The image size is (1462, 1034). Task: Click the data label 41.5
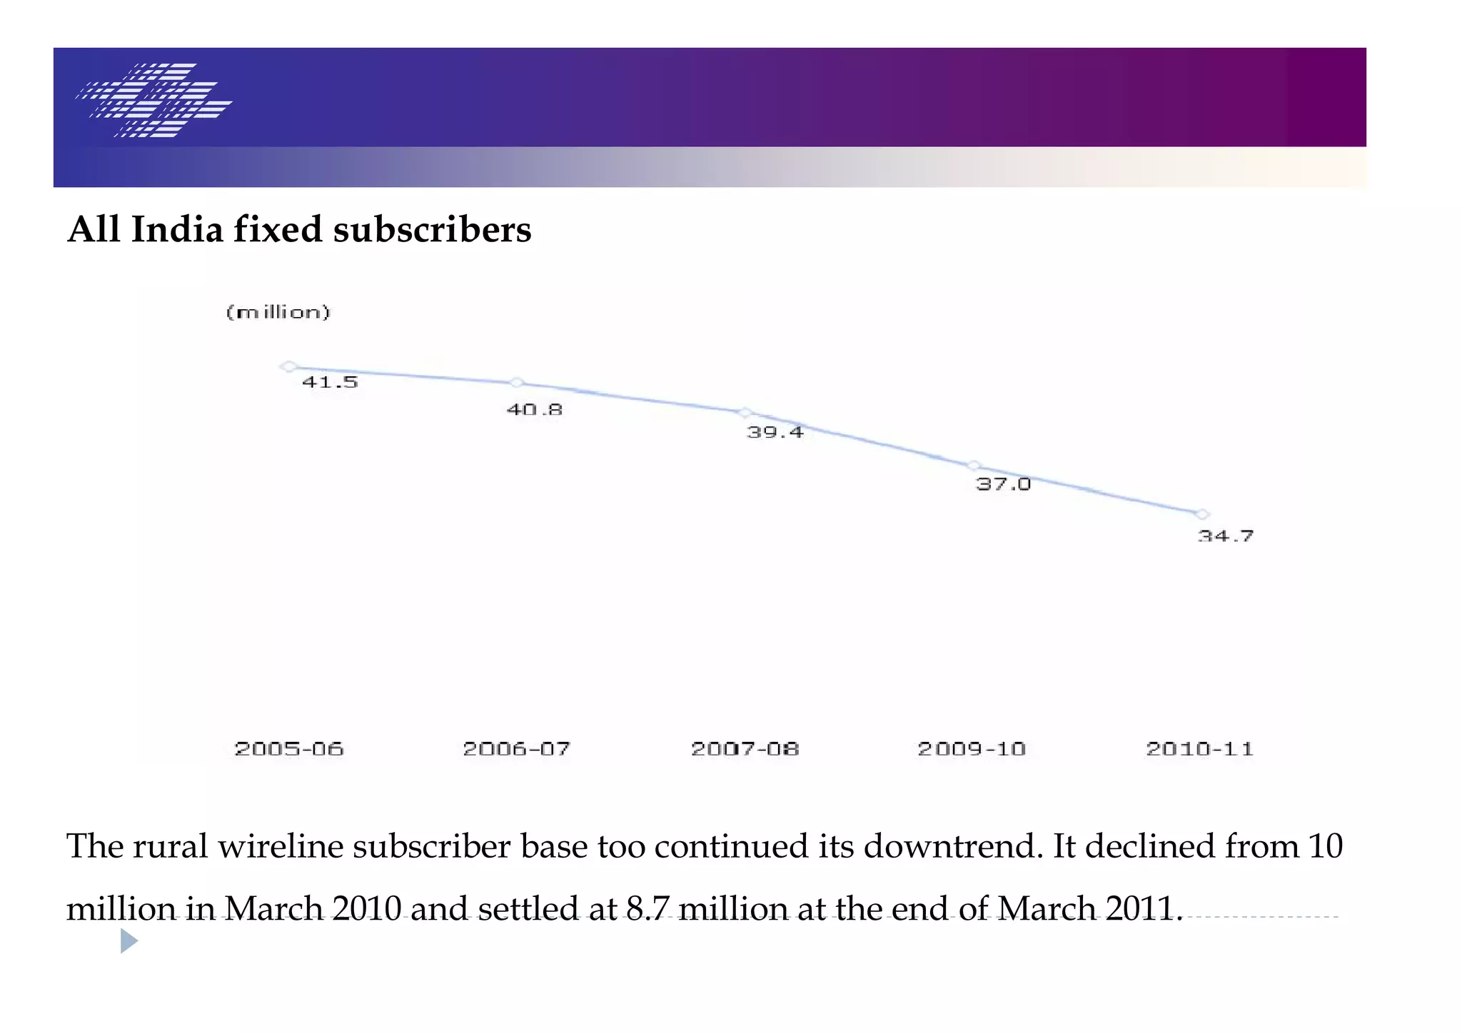pyautogui.click(x=330, y=382)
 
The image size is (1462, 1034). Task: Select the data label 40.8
pyautogui.click(x=535, y=410)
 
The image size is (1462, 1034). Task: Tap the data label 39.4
pyautogui.click(x=775, y=432)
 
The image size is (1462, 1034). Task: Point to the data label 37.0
pyautogui.click(x=1003, y=484)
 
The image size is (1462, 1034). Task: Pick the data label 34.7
pyautogui.click(x=1225, y=536)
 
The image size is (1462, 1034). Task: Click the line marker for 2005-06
pyautogui.click(x=288, y=366)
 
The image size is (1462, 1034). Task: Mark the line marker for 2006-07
pyautogui.click(x=517, y=383)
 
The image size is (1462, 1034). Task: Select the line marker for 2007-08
pyautogui.click(x=745, y=412)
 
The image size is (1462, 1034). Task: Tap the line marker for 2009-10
pyautogui.click(x=974, y=466)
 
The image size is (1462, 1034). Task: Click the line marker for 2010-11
pyautogui.click(x=1202, y=514)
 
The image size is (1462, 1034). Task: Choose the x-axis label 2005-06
pyautogui.click(x=289, y=748)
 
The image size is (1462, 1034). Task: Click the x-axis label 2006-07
pyautogui.click(x=517, y=748)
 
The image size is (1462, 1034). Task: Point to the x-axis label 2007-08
pyautogui.click(x=745, y=748)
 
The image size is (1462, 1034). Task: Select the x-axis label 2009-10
pyautogui.click(x=972, y=748)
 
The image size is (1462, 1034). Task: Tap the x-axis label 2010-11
pyautogui.click(x=1199, y=748)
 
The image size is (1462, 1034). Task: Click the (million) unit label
pyautogui.click(x=278, y=312)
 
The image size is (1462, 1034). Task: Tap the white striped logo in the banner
pyautogui.click(x=154, y=100)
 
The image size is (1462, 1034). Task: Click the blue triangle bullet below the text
pyautogui.click(x=128, y=940)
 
